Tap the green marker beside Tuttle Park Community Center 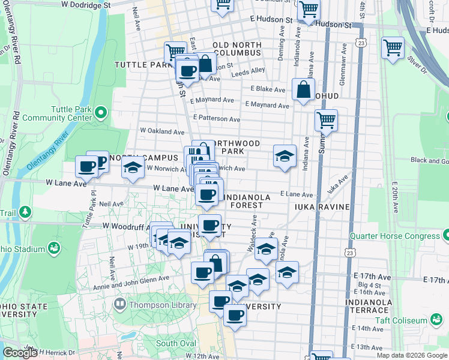tap(101, 112)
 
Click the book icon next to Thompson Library tap(120, 304)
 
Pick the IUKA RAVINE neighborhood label tap(322, 207)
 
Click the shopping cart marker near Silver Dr tap(393, 48)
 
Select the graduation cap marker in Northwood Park tap(285, 157)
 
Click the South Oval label tap(176, 343)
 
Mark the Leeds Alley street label tap(248, 70)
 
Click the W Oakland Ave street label tap(161, 131)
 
